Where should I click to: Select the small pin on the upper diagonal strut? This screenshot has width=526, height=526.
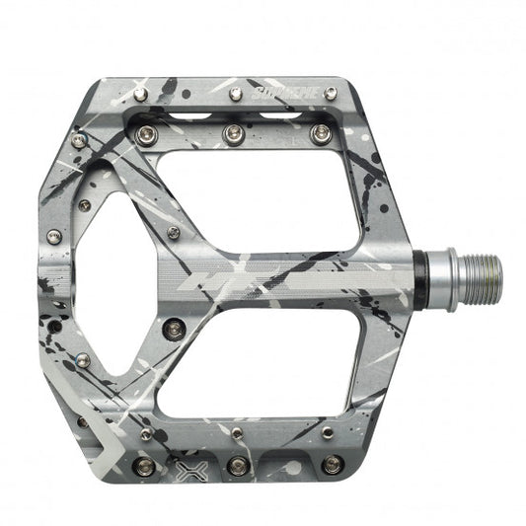[x=174, y=233]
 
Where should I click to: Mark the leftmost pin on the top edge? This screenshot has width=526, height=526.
[x=141, y=93]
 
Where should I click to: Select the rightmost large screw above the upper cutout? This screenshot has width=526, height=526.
[x=319, y=132]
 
